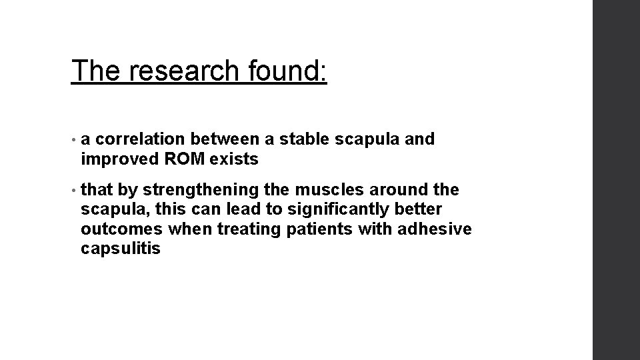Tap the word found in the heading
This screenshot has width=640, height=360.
coord(287,70)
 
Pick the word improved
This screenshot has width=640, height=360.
coord(116,159)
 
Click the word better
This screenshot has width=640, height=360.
coord(419,210)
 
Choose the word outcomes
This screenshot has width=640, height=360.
coord(121,229)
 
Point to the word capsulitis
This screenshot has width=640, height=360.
coord(121,249)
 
